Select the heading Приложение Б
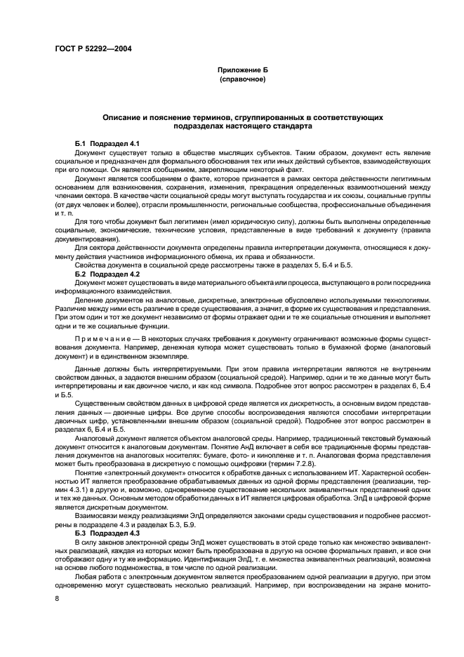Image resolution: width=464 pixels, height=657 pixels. click(242, 72)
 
